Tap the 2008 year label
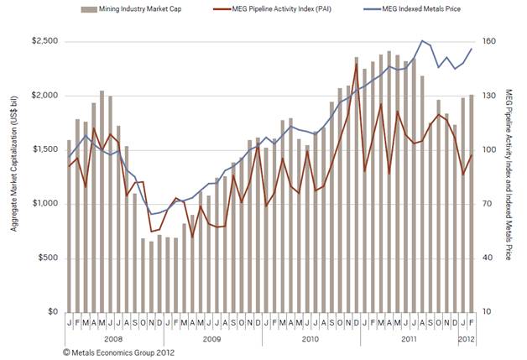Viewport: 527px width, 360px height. click(112, 339)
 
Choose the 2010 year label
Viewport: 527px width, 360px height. click(310, 339)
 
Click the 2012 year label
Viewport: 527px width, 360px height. click(468, 339)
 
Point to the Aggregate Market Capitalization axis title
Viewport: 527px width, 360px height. click(13, 176)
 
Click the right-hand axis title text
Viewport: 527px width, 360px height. click(509, 176)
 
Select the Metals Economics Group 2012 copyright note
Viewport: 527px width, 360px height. click(113, 352)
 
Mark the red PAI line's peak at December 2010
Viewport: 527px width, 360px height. click(356, 65)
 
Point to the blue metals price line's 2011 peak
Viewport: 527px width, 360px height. click(422, 40)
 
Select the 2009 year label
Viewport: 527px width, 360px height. click(211, 339)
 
